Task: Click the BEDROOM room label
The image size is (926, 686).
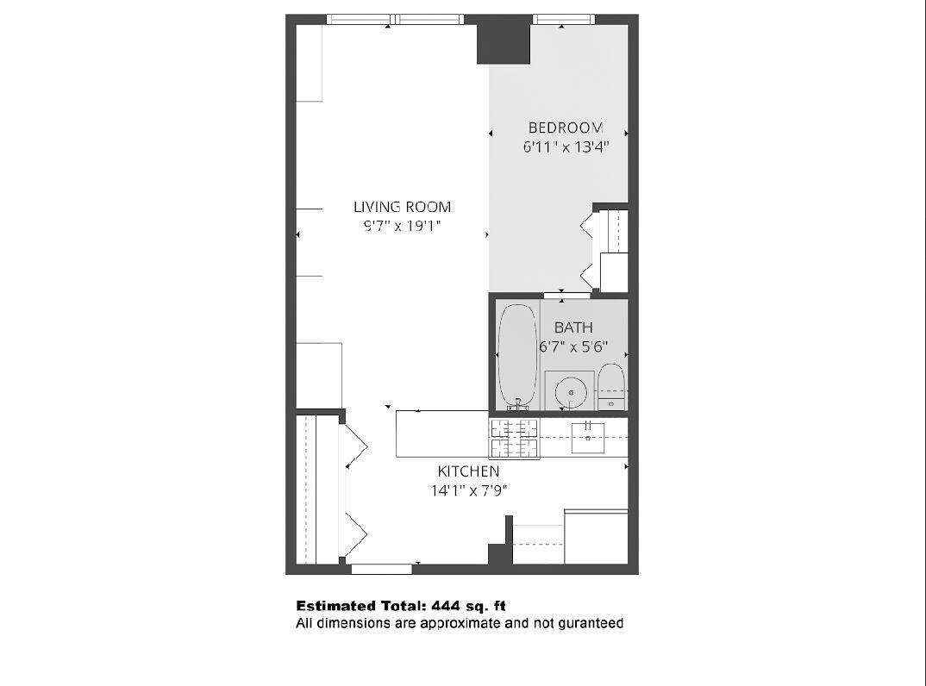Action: (566, 128)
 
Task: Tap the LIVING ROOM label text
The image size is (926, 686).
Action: (402, 207)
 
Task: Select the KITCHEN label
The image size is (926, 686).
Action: (468, 471)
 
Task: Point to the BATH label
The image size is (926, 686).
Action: (573, 328)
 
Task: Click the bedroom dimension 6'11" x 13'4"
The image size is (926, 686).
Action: (566, 147)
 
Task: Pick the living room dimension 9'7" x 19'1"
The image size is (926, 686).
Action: (402, 227)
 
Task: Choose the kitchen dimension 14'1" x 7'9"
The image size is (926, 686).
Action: (468, 491)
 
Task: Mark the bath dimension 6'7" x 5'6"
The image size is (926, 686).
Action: (573, 347)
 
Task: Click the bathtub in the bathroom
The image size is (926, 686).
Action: (516, 355)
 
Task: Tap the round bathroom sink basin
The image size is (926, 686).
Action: (570, 393)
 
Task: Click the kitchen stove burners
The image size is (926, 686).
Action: (514, 438)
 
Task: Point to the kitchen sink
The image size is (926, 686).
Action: (587, 437)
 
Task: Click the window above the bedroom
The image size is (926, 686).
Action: (564, 19)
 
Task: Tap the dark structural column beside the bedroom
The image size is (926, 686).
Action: (503, 41)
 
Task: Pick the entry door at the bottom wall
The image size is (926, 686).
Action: (381, 569)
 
